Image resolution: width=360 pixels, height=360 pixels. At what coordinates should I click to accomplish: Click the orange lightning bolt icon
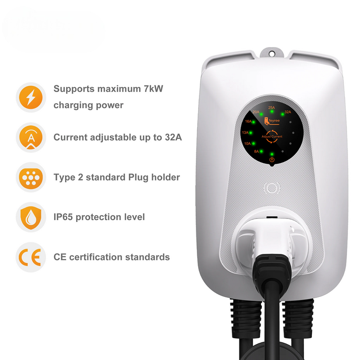[x=31, y=97]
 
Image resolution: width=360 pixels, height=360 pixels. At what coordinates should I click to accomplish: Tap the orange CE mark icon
[x=31, y=257]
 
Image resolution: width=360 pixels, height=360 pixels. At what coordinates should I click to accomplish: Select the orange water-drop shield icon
[x=31, y=217]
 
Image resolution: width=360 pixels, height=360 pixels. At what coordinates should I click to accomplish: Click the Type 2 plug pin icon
[x=31, y=177]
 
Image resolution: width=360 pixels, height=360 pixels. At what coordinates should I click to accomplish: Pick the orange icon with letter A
[x=31, y=137]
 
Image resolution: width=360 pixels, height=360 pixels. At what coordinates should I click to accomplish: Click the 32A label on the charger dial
[x=288, y=112]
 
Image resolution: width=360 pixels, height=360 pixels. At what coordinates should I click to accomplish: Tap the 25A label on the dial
[x=272, y=107]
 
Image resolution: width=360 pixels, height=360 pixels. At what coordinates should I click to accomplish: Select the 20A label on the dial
[x=256, y=112]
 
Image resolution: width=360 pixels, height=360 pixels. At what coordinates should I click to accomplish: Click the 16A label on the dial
[x=248, y=121]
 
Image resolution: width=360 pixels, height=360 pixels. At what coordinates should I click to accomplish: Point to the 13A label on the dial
[x=245, y=132]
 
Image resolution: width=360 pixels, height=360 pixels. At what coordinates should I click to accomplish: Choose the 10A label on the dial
[x=247, y=143]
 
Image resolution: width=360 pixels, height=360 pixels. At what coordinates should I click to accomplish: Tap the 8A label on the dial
[x=257, y=151]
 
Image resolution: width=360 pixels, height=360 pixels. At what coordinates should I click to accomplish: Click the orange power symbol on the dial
[x=272, y=160]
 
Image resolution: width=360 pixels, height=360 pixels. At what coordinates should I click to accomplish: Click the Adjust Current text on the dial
[x=272, y=136]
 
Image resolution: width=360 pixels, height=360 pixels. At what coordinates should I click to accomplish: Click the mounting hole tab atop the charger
[x=272, y=53]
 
